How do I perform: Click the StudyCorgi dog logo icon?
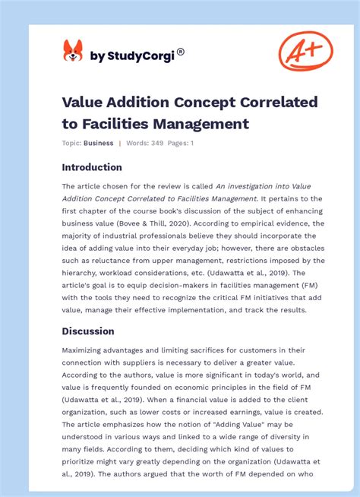[73, 51]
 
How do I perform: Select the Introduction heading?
[92, 167]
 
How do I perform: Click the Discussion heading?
[88, 331]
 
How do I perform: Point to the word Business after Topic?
[98, 143]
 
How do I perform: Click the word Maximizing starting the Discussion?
[87, 350]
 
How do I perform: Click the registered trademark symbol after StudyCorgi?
[180, 52]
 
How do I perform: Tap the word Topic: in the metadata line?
[72, 143]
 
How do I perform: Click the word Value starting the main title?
[85, 103]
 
